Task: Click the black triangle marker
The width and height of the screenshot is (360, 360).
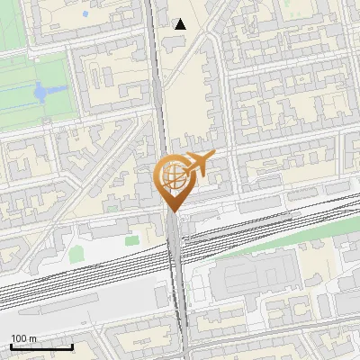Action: point(181,24)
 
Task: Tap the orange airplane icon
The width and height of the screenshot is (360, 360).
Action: point(197,166)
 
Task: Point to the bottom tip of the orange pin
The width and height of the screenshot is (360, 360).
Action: point(172,212)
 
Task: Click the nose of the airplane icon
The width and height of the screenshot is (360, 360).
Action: point(212,156)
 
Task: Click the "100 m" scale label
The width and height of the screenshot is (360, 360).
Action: point(24,338)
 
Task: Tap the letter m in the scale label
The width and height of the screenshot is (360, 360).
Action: point(34,338)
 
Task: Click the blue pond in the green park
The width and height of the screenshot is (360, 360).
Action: point(40,91)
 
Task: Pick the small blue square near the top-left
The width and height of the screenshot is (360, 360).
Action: point(84,14)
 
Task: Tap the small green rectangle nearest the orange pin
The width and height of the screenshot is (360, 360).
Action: point(132,240)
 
